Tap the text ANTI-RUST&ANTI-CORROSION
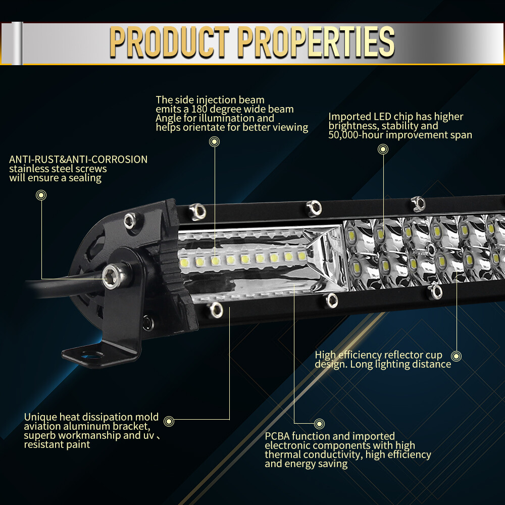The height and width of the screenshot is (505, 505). (78, 160)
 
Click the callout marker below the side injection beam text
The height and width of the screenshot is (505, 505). (215, 142)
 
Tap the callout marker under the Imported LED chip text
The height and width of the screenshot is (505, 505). (383, 149)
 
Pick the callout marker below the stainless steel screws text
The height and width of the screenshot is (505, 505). (41, 194)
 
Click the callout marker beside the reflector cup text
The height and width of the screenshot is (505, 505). (456, 356)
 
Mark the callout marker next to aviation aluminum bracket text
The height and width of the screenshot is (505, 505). (169, 421)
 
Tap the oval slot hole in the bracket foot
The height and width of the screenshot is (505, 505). (91, 357)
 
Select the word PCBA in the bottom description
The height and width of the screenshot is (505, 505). (277, 436)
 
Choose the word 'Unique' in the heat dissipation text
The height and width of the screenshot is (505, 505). (40, 417)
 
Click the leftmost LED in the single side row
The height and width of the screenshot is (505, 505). (185, 262)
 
